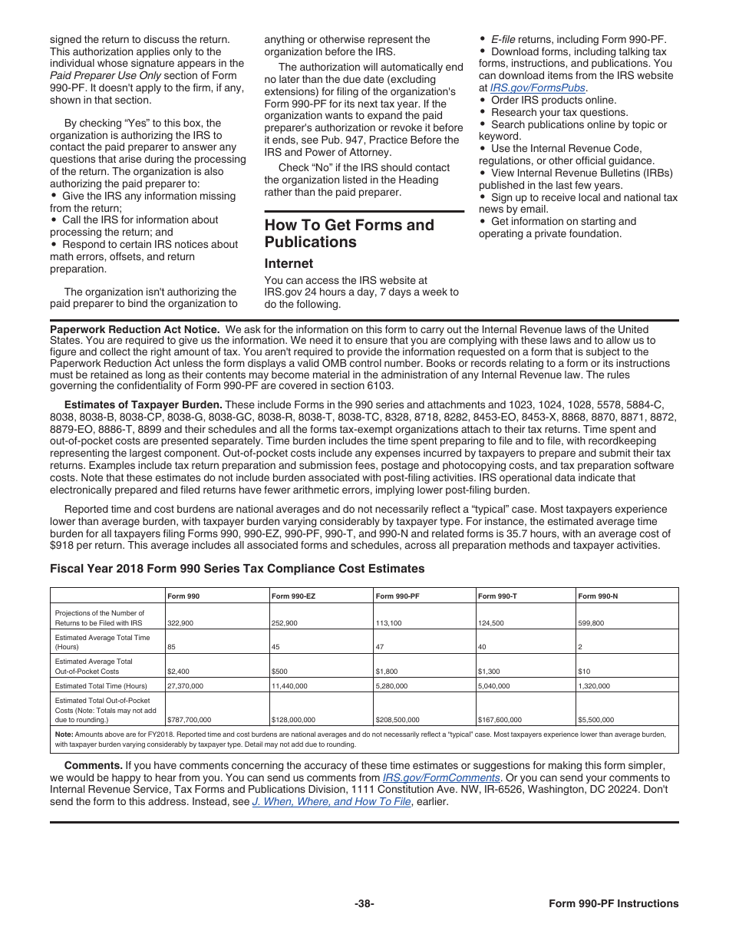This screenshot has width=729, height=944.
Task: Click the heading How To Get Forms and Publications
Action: click(x=349, y=233)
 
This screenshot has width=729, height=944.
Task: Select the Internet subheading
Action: click(x=289, y=263)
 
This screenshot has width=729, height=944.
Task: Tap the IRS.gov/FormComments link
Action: click(x=441, y=777)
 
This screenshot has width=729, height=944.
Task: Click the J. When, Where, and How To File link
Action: click(x=332, y=802)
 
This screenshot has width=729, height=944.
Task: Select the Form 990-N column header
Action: click(x=598, y=596)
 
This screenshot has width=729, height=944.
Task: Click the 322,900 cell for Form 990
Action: click(x=180, y=623)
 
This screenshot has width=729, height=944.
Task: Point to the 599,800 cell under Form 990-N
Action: click(x=591, y=623)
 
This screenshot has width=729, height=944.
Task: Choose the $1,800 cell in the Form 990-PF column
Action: click(x=387, y=671)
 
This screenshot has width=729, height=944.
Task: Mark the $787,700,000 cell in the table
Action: click(x=189, y=720)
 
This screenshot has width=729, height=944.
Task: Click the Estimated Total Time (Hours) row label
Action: click(x=101, y=685)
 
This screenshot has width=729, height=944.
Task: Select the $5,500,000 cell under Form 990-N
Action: click(x=595, y=720)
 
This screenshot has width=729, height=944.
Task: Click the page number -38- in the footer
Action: click(x=364, y=903)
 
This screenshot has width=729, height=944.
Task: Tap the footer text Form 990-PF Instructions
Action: click(x=613, y=903)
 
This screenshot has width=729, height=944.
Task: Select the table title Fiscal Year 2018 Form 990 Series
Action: click(x=237, y=569)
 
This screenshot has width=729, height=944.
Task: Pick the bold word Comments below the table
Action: click(x=93, y=765)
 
